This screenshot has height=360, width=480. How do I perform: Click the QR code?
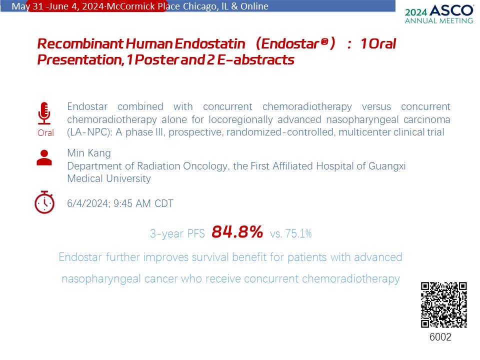coord(443,305)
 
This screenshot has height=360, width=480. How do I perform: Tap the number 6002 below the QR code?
coord(440,336)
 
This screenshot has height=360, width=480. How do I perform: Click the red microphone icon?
coord(44,113)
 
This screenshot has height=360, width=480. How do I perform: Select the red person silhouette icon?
coord(44,157)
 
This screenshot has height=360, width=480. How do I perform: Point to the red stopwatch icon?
coord(44,202)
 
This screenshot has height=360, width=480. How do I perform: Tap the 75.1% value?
coord(298,233)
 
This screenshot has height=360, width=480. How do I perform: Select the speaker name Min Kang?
coord(89,153)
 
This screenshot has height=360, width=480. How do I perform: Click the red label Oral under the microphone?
coord(45,133)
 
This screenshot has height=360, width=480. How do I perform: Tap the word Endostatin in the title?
coord(210,43)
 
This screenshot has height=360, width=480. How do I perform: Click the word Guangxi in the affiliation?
coord(387,166)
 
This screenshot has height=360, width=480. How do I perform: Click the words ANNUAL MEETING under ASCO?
coord(439,21)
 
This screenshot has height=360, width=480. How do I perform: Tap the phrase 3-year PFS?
coord(177,233)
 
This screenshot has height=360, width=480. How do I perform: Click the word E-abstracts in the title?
coord(256,59)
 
